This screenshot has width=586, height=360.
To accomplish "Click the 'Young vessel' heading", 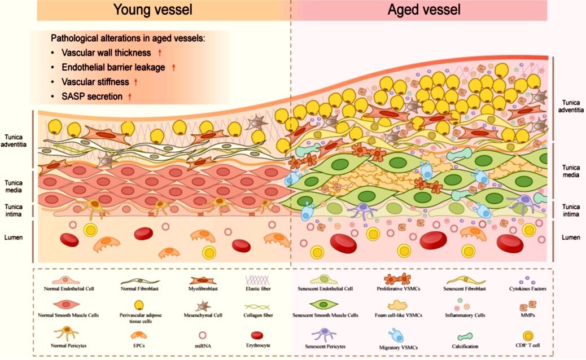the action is click(x=153, y=10).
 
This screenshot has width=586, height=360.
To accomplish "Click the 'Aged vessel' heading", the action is click(x=424, y=10).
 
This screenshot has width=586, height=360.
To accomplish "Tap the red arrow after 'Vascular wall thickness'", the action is click(x=160, y=52).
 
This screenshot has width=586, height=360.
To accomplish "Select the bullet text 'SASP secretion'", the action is click(x=92, y=96).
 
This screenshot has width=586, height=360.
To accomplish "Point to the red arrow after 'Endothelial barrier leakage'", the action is click(x=174, y=67).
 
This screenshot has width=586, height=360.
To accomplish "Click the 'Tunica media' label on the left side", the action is click(x=14, y=186).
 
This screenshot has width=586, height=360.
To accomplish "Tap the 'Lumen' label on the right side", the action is click(x=571, y=237).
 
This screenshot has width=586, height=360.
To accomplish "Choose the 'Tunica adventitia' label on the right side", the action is click(x=571, y=106).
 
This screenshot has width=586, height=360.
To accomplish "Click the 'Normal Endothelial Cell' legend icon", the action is click(x=66, y=280).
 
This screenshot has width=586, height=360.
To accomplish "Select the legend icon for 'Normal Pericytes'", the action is click(x=67, y=333).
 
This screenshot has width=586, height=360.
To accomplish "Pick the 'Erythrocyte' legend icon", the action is click(x=257, y=335).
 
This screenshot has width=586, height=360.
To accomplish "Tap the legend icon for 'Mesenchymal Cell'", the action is click(x=203, y=306).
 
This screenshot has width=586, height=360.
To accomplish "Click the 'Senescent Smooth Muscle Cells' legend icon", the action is click(x=323, y=305).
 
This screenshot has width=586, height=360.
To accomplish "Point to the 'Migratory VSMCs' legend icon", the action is click(x=396, y=336).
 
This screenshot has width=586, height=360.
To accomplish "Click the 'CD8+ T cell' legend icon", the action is click(x=528, y=336).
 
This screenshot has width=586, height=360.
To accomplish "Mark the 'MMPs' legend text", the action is click(x=527, y=315).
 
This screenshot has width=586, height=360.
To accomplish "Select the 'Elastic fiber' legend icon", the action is click(x=258, y=280).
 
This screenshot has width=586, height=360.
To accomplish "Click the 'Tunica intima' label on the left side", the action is click(x=14, y=210).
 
